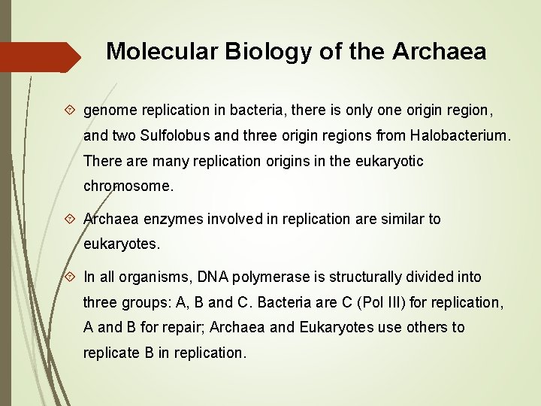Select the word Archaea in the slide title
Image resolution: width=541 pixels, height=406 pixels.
click(439, 51)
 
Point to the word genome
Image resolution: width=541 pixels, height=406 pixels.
click(109, 111)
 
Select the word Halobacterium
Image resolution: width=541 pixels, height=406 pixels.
click(460, 136)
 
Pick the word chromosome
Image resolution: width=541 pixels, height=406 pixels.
click(128, 186)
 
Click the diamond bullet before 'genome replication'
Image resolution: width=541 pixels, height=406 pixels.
click(70, 111)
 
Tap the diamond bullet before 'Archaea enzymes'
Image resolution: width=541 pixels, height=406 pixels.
click(70, 219)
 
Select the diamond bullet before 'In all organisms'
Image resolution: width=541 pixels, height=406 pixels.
click(70, 277)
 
